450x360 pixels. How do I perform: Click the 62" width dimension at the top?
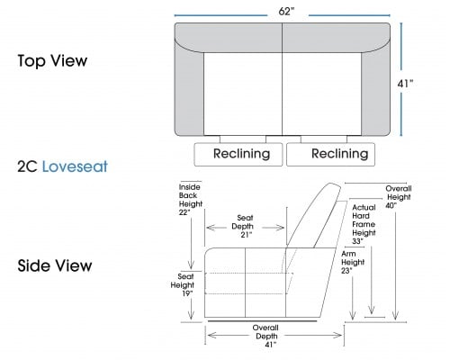coord(286,12)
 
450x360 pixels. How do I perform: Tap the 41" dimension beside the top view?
coord(405,84)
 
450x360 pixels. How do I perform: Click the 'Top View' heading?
coord(52,60)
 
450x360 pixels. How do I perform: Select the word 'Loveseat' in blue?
coord(75,166)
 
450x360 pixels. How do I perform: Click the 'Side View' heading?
coord(55,265)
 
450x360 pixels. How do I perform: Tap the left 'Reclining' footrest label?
coord(241,154)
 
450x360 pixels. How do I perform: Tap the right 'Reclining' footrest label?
coord(340,154)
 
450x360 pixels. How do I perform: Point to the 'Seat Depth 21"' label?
coord(244,226)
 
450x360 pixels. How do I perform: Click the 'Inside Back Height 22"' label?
coord(191,200)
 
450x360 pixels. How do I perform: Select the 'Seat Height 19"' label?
coord(183,284)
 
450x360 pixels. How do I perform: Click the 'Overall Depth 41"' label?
coord(266,336)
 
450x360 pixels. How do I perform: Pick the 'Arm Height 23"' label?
coord(353,262)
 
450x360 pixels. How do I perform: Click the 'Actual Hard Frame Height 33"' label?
coord(364,224)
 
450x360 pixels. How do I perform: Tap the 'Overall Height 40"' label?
coord(398,197)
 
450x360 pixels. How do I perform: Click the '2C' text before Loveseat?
coord(27,166)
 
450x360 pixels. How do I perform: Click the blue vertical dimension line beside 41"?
coord(401,79)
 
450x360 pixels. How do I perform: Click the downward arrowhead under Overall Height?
coord(395,315)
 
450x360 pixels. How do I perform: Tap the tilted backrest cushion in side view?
coord(314,215)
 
